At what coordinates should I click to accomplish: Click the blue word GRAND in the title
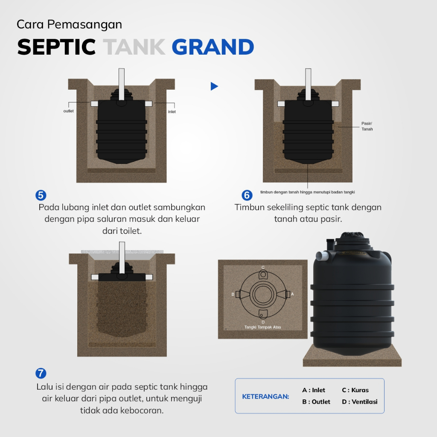pyautogui.click(x=213, y=47)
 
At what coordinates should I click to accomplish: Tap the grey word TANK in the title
pyautogui.click(x=134, y=47)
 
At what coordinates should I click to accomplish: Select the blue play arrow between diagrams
pyautogui.click(x=214, y=86)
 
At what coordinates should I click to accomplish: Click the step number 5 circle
pyautogui.click(x=41, y=195)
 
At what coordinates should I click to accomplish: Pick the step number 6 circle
pyautogui.click(x=247, y=195)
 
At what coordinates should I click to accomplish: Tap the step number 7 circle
pyautogui.click(x=41, y=373)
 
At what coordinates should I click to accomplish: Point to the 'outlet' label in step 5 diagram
pyautogui.click(x=69, y=111)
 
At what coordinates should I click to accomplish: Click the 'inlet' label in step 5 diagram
pyautogui.click(x=172, y=112)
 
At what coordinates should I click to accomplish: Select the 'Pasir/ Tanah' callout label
pyautogui.click(x=367, y=126)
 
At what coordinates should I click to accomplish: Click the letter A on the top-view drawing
pyautogui.click(x=292, y=294)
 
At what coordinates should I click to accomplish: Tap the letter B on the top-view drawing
pyautogui.click(x=233, y=294)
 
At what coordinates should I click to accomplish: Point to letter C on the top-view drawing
pyautogui.click(x=263, y=268)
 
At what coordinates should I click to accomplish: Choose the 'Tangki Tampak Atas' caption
pyautogui.click(x=262, y=327)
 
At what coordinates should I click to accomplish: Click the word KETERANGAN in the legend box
pyautogui.click(x=265, y=396)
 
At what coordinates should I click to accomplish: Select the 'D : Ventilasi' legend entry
pyautogui.click(x=359, y=402)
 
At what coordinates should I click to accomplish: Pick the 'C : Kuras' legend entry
pyautogui.click(x=355, y=390)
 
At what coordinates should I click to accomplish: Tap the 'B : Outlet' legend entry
pyautogui.click(x=316, y=402)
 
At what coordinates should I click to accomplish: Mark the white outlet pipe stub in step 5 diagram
pyautogui.click(x=94, y=104)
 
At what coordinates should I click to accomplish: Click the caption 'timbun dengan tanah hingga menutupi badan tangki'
pyautogui.click(x=307, y=192)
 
